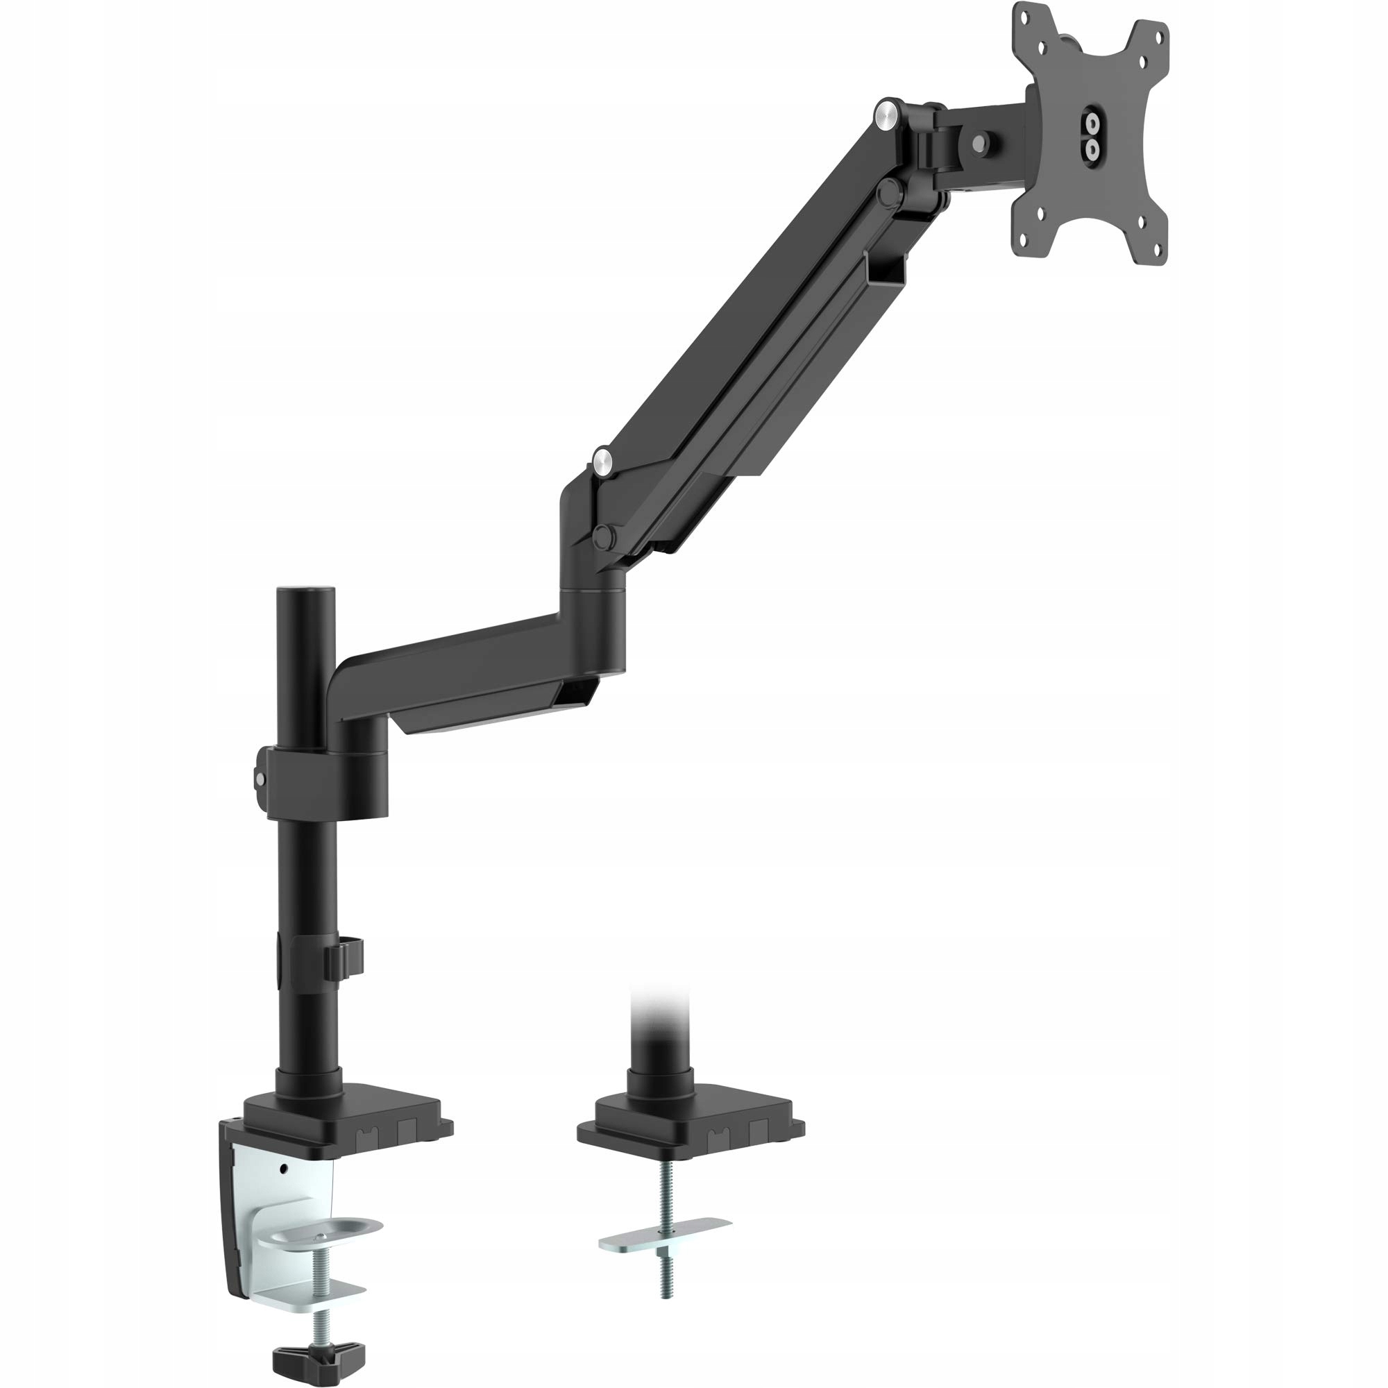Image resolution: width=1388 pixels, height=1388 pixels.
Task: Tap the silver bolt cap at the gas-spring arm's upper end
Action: pos(889,114)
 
